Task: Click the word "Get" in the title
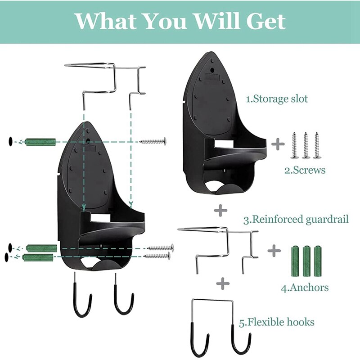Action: point(265,21)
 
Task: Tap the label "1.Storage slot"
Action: point(277,99)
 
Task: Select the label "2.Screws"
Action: point(304,170)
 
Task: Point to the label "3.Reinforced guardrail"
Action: point(296,220)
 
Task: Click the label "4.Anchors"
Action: point(305,287)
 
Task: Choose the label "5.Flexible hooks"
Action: point(276,322)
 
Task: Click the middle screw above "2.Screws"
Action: point(306,145)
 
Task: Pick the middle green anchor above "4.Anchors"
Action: point(306,261)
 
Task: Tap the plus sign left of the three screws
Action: point(278,144)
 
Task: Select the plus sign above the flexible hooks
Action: point(222,283)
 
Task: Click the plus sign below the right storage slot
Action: point(220,210)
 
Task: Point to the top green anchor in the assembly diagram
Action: point(40,142)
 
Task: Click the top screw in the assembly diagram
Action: point(153,141)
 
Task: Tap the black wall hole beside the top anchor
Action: point(10,142)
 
